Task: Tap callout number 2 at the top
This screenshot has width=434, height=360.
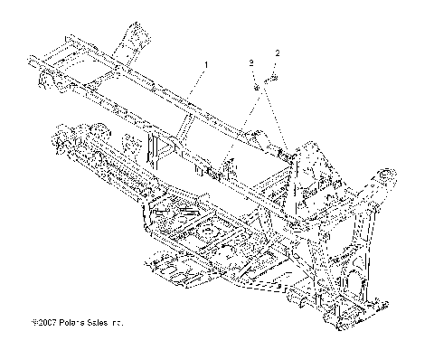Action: pos(278,54)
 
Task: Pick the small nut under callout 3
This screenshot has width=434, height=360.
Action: pos(257,87)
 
